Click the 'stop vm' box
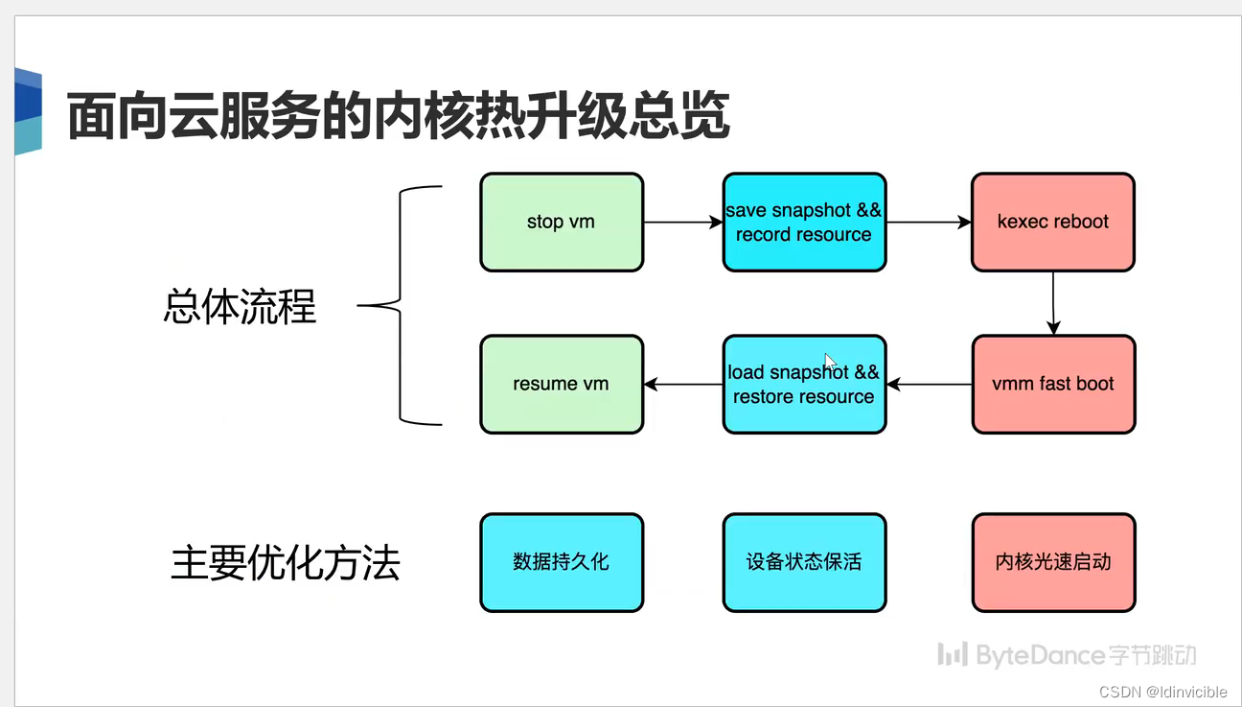tap(561, 222)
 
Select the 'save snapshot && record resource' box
tap(804, 222)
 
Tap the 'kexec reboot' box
tap(1052, 222)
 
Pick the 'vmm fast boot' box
tap(1052, 384)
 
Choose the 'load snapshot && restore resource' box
tap(804, 384)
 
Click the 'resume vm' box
tap(561, 384)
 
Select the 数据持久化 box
tap(561, 562)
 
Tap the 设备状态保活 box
tap(804, 562)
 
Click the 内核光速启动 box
tap(1052, 562)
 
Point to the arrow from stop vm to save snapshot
tap(682, 223)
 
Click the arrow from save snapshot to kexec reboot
tap(928, 223)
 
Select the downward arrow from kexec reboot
tap(1053, 302)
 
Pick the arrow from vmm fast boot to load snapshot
tap(928, 385)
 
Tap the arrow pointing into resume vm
tap(682, 385)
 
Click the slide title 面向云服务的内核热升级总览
tap(398, 117)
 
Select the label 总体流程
tap(240, 307)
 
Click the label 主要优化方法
tap(285, 563)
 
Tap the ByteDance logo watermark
tap(1066, 655)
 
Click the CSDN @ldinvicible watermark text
tap(1162, 692)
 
